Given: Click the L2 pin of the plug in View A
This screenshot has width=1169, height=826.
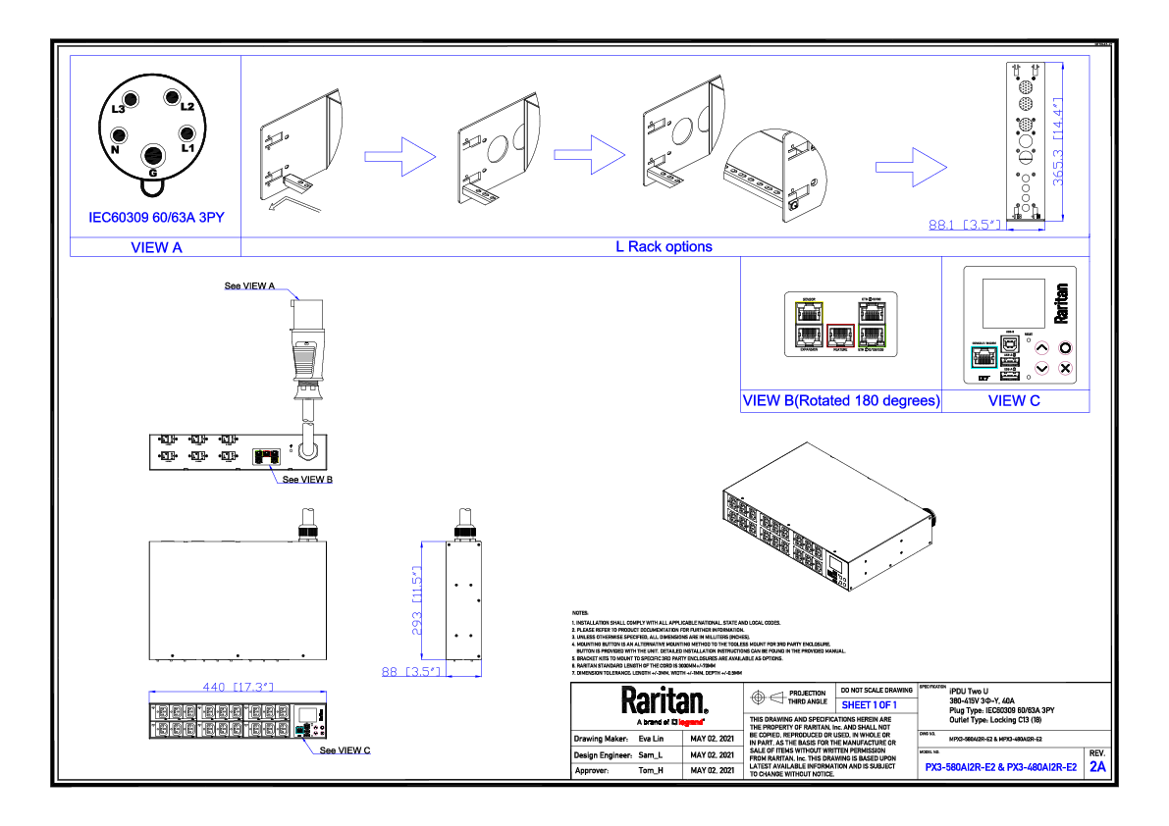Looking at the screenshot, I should click(172, 98).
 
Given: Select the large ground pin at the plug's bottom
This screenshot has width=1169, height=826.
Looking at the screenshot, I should click(153, 156).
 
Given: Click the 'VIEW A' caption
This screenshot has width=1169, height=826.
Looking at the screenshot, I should click(156, 247).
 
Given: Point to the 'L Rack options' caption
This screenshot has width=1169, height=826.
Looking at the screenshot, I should click(664, 247).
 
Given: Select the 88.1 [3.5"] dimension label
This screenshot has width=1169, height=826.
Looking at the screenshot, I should click(965, 226).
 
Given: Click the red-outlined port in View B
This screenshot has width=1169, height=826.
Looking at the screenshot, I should click(840, 336).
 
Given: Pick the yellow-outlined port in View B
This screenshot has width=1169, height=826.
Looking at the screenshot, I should click(809, 313).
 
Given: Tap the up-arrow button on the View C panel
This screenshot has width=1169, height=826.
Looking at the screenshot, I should click(1042, 348).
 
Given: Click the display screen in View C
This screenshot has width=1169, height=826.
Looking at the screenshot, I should click(1014, 302).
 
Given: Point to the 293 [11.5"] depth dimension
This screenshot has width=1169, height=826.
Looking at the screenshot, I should click(416, 600).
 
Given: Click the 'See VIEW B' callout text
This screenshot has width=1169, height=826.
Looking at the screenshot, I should click(307, 480).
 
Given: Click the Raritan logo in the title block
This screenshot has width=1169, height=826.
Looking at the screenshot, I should click(664, 700).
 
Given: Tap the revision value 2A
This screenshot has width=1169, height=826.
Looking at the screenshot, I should click(1096, 766).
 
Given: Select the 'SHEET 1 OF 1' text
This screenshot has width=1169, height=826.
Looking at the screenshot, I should click(869, 705).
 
